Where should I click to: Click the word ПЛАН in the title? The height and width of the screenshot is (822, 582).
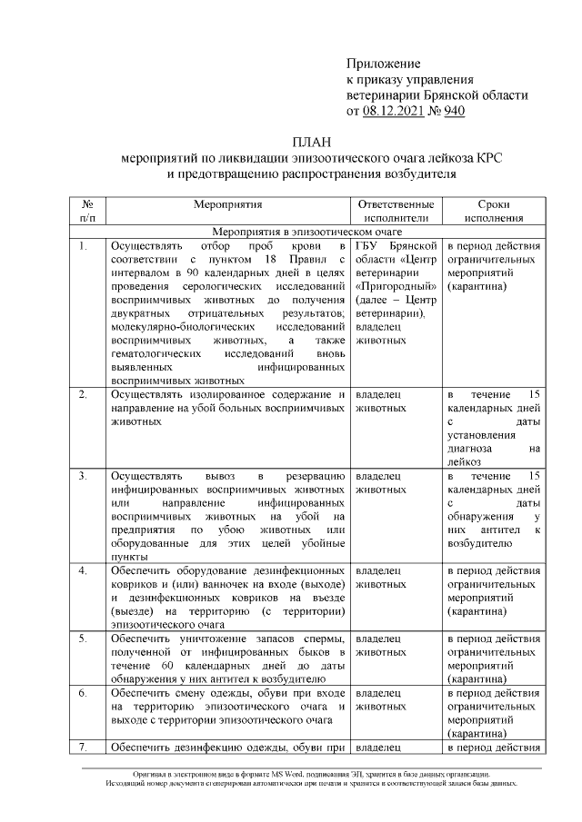(313, 143)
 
